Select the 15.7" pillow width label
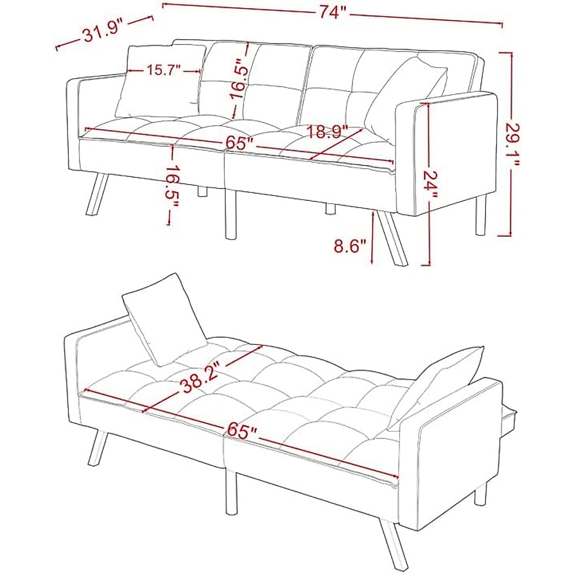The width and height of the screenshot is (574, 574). pos(163,71)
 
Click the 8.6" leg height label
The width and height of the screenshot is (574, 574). pos(350,247)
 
